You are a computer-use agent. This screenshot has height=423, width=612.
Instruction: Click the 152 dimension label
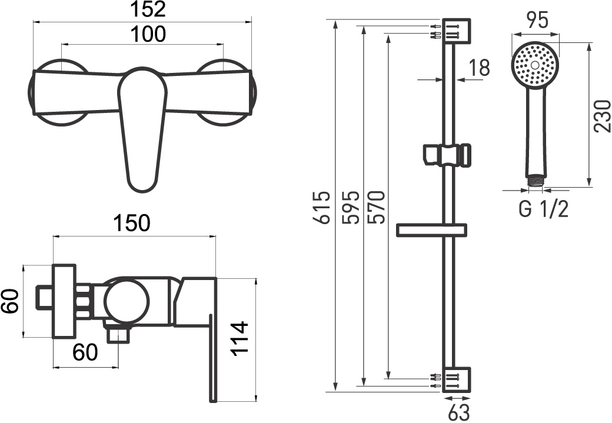pyautogui.click(x=148, y=9)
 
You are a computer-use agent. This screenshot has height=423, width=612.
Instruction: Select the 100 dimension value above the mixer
pyautogui.click(x=148, y=34)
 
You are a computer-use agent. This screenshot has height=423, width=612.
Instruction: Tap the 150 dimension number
pyautogui.click(x=132, y=223)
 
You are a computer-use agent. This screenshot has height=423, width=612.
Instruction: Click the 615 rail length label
pyautogui.click(x=323, y=208)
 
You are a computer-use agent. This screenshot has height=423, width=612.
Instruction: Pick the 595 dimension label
pyautogui.click(x=350, y=208)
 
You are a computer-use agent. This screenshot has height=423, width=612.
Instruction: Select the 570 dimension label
pyautogui.click(x=377, y=208)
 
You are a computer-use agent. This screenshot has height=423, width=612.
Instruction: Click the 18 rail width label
pyautogui.click(x=479, y=68)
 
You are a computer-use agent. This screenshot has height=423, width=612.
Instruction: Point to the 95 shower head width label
pyautogui.click(x=537, y=20)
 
